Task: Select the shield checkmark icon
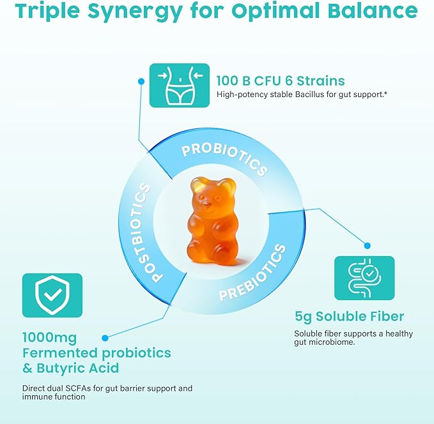tap(52, 295)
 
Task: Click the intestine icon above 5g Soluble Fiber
tap(364, 278)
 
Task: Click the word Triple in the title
tap(49, 11)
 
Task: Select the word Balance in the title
tap(380, 11)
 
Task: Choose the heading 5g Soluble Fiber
tap(349, 317)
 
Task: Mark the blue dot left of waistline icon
tap(141, 81)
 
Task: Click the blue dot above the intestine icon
tap(367, 245)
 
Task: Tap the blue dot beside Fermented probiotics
tap(105, 335)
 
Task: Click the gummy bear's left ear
tap(195, 185)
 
